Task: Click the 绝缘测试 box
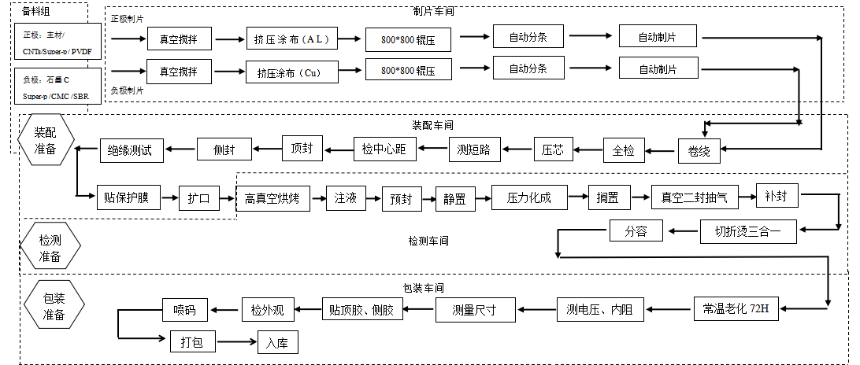[x=131, y=149]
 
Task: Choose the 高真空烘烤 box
[x=272, y=199]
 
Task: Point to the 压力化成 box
[x=529, y=198]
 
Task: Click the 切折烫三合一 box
[x=749, y=231]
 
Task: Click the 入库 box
[x=278, y=343]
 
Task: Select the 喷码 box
[x=184, y=310]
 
